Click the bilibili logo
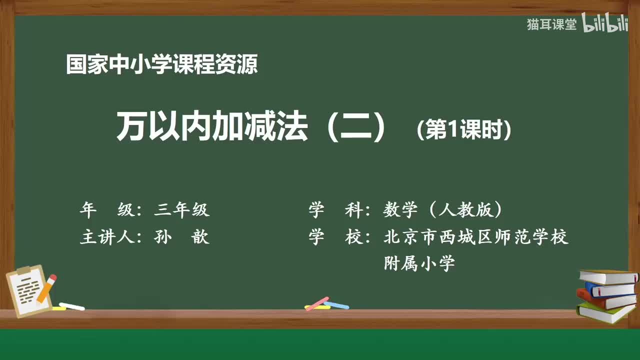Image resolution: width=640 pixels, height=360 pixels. (604, 24)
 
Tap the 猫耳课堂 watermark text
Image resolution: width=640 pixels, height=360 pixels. (551, 24)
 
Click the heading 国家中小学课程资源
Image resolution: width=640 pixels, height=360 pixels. (161, 65)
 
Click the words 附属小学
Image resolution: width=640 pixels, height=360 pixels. (419, 262)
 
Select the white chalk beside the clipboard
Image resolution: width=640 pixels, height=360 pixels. (71, 306)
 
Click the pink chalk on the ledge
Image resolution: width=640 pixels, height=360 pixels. (317, 303)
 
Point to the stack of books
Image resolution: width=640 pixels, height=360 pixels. (606, 294)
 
